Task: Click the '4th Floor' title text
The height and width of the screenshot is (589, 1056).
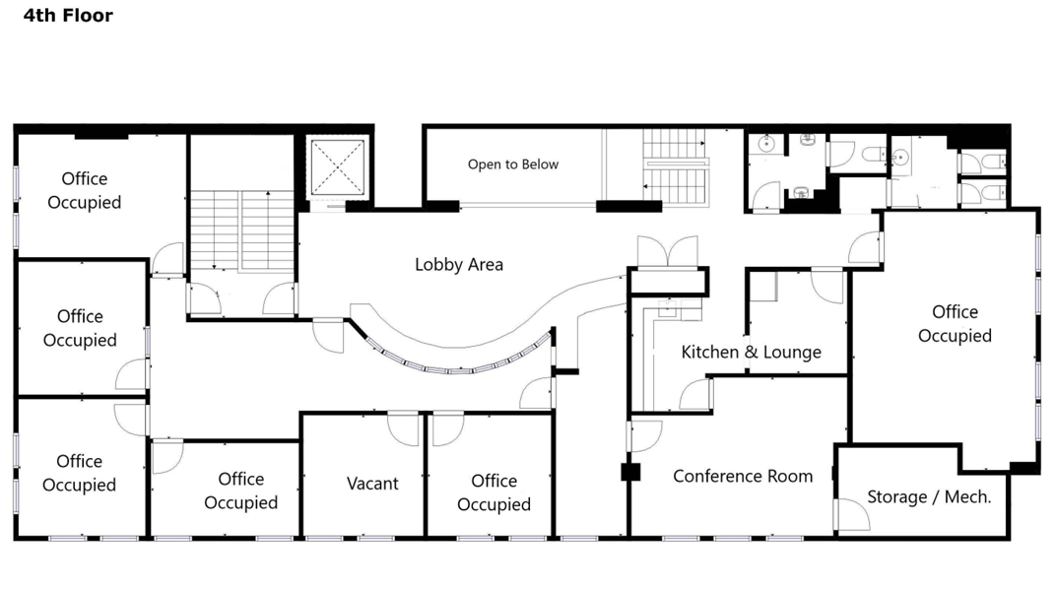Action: tap(68, 16)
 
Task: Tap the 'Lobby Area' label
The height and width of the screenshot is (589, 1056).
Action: tap(459, 265)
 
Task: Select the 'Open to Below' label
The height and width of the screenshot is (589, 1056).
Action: tap(513, 164)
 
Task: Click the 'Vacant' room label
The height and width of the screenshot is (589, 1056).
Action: tap(372, 484)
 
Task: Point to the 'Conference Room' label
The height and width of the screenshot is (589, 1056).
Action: tap(743, 477)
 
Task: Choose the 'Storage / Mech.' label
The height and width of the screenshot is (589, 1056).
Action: tap(929, 496)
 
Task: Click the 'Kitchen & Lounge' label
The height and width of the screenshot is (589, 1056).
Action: tap(751, 352)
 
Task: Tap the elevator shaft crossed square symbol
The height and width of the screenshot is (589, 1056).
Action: tap(338, 167)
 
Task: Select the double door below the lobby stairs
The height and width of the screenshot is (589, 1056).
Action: tap(668, 252)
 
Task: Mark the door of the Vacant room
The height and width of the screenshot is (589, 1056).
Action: tap(404, 428)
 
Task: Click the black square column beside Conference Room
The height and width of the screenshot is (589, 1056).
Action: tap(630, 473)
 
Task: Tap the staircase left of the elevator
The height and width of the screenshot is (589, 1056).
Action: tap(241, 230)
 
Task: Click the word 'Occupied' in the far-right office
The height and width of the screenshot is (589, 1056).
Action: tap(955, 336)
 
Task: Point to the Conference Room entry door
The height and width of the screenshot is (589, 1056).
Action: tap(645, 436)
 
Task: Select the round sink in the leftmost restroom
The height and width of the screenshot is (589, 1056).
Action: tap(765, 144)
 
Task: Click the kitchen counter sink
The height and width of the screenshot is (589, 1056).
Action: tap(667, 309)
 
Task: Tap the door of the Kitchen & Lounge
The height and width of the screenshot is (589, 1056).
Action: tap(695, 395)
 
